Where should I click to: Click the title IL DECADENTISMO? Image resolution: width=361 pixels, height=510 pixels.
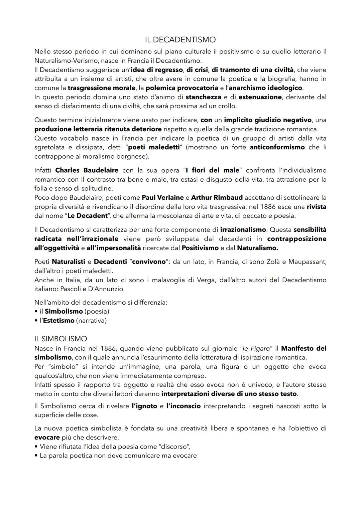pos(180,40)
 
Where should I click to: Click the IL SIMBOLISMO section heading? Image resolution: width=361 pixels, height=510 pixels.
pos(61,339)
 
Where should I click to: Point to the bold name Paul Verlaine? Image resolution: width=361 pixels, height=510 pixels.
pos(163,198)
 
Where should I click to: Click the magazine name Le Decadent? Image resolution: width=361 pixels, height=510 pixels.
pos(87,216)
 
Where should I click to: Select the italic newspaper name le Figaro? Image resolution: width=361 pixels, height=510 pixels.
pos(256,348)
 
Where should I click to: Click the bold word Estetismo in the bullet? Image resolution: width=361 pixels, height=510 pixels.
pos(58,321)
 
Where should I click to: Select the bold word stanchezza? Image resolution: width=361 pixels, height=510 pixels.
pos(203,97)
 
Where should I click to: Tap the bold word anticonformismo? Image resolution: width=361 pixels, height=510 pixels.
pos(277,147)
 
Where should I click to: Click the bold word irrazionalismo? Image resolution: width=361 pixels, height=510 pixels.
pos(243,230)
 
